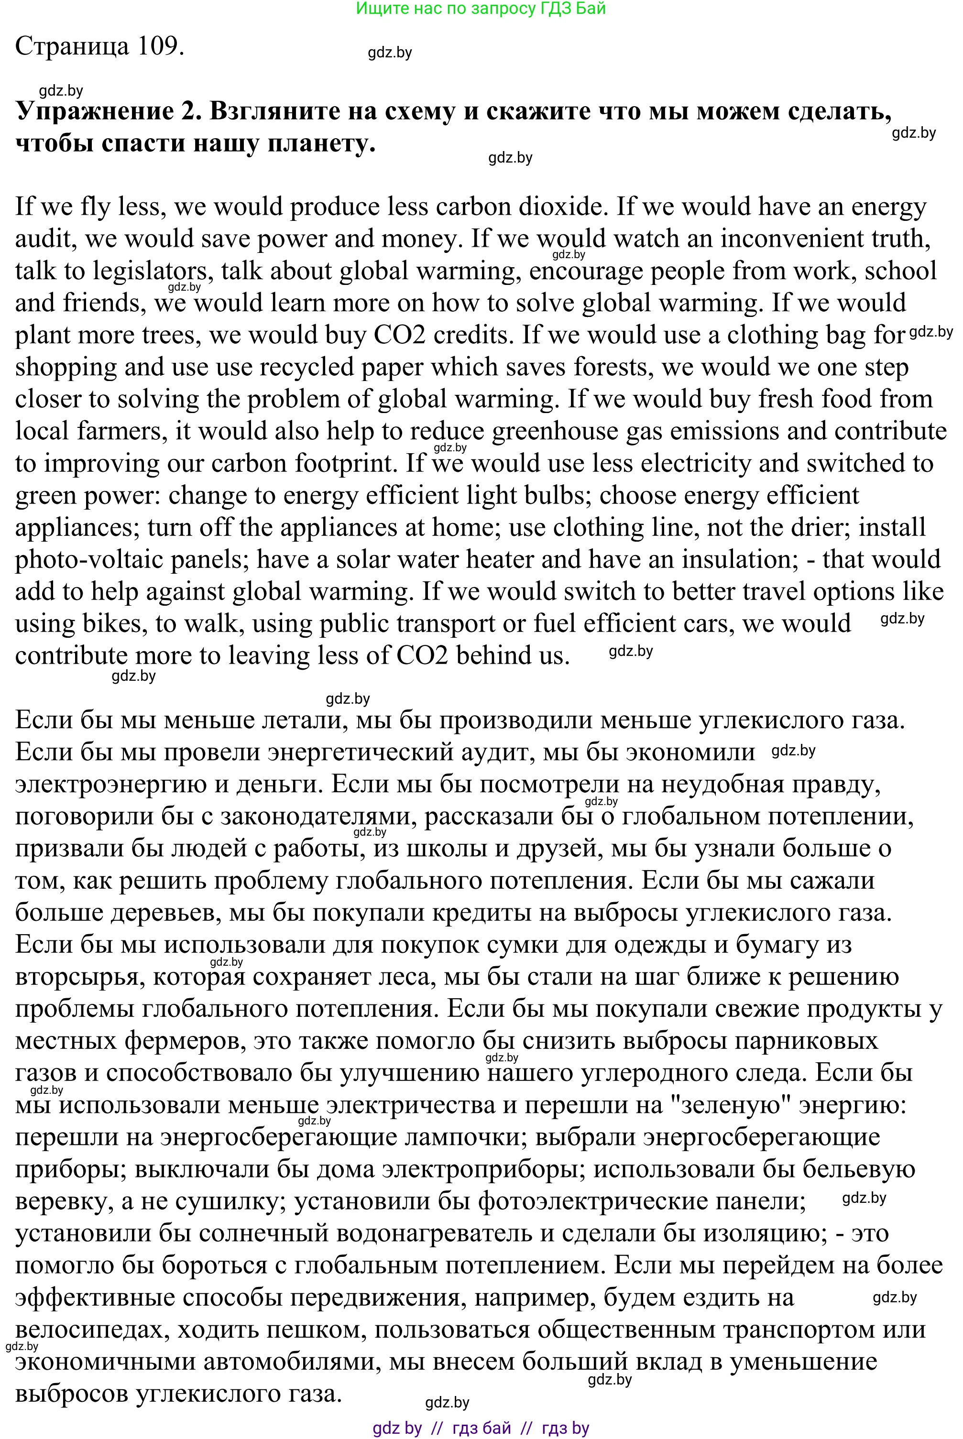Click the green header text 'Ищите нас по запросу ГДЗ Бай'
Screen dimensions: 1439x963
[481, 9]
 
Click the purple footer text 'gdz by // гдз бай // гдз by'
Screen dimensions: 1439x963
[481, 1428]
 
